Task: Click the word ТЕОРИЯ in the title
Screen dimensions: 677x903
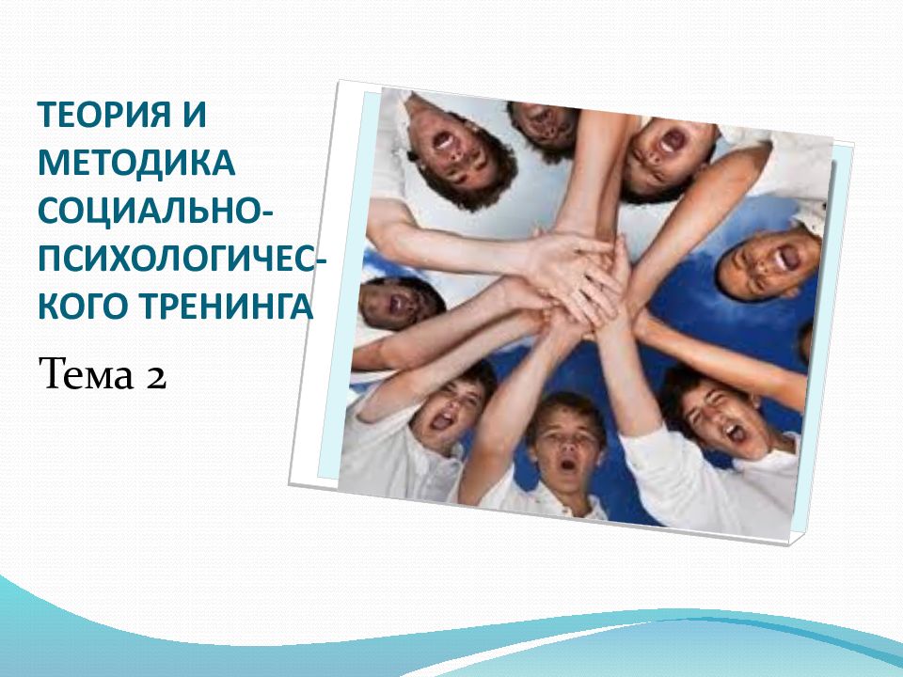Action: pyautogui.click(x=103, y=118)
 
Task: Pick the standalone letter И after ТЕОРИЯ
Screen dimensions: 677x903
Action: pyautogui.click(x=194, y=118)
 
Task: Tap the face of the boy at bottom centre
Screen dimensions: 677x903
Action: pyautogui.click(x=566, y=443)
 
